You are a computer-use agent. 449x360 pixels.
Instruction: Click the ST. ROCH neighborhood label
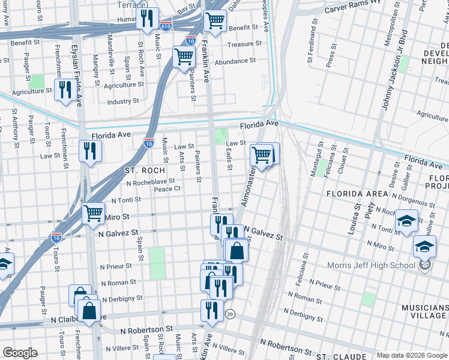[144, 170]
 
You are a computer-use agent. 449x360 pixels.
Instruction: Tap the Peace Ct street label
[167, 189]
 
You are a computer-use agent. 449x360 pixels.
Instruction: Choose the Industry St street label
[123, 101]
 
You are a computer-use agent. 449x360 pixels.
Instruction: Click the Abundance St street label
[235, 61]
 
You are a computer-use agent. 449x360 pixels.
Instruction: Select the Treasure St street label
[244, 44]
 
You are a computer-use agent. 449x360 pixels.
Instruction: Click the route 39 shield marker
[229, 314]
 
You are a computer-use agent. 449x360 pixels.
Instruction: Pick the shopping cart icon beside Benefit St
[215, 20]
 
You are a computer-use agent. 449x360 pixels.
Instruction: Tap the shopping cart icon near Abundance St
[184, 57]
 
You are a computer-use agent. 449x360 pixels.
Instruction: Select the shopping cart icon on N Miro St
[94, 213]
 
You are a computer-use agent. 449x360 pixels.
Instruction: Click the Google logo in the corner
[20, 353]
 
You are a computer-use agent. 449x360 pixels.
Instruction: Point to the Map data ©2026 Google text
[412, 355]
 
